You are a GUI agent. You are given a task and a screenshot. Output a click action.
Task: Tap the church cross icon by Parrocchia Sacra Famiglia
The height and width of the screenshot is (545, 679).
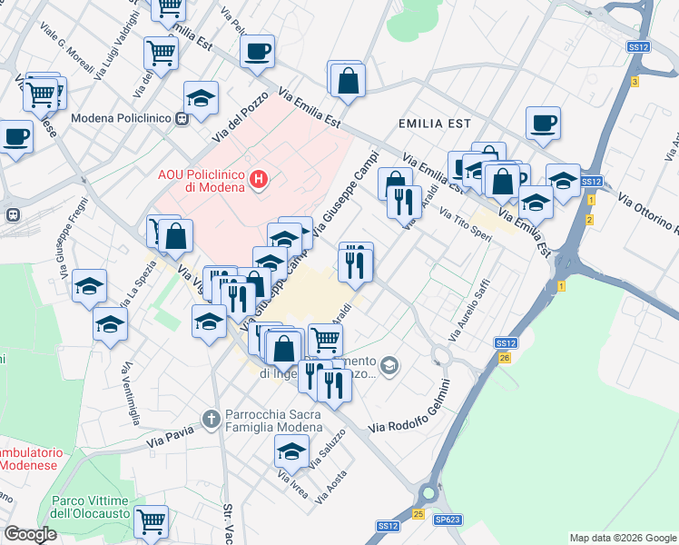(212, 419)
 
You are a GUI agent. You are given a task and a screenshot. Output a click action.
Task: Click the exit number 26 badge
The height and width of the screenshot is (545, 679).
(505, 358)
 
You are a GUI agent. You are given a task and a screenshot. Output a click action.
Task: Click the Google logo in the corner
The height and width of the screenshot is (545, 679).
(30, 534)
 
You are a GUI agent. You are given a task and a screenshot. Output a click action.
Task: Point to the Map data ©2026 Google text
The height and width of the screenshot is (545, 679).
(623, 538)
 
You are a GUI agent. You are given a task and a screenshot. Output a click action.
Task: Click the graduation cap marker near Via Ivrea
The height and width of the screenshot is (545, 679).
(291, 450)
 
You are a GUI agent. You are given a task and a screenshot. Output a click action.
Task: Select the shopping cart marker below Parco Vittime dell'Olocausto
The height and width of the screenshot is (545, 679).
(151, 521)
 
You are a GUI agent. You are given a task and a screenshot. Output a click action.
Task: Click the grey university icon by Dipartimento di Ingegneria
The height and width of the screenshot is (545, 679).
(389, 365)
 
